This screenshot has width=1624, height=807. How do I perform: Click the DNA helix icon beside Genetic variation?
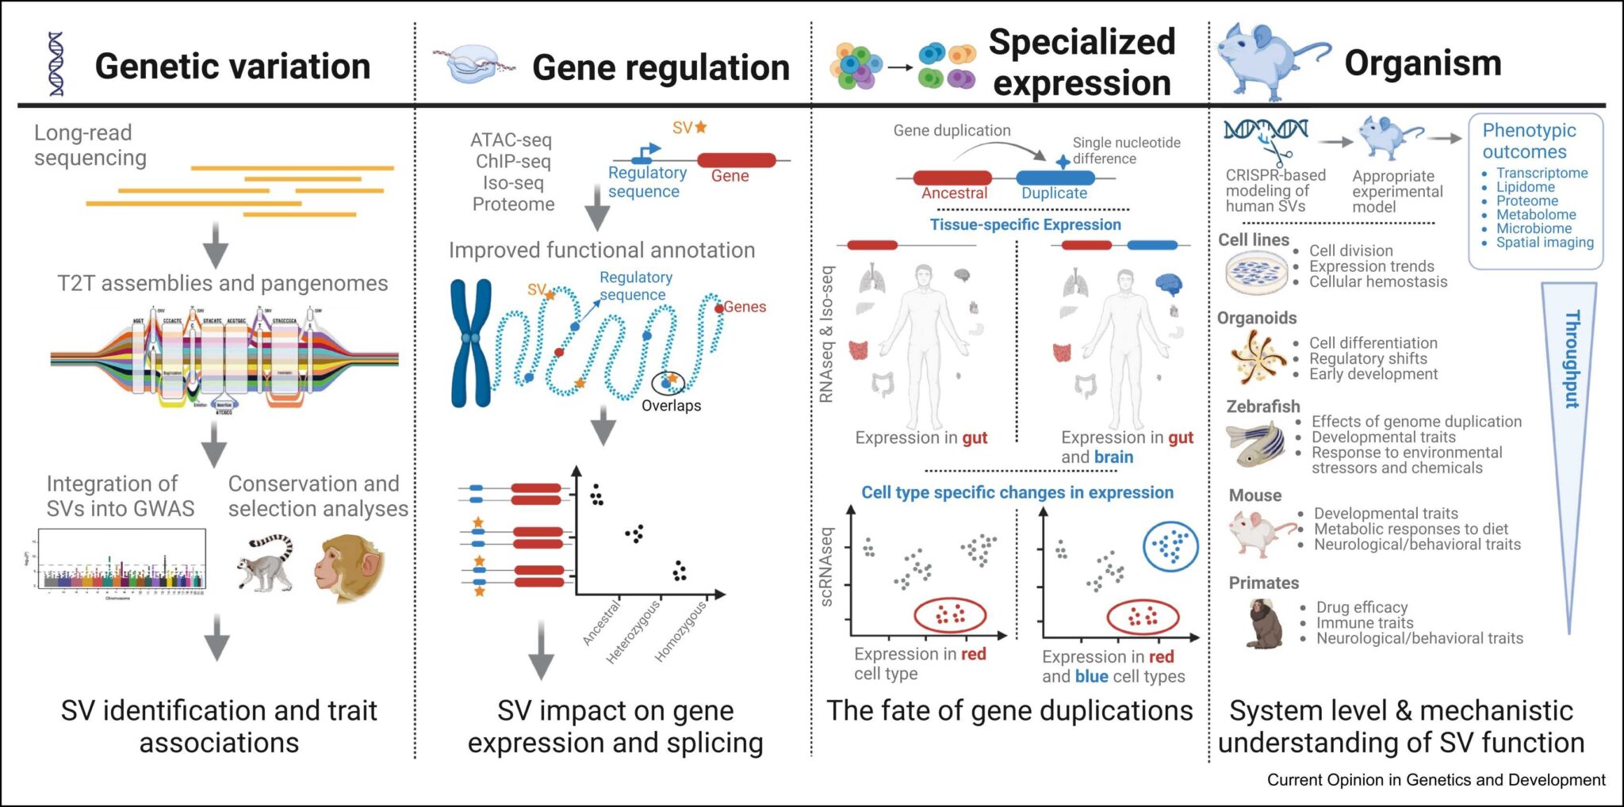pos(56,64)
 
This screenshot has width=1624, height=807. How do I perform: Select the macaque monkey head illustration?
pos(349,568)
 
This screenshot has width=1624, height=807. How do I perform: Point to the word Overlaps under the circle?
pos(671,406)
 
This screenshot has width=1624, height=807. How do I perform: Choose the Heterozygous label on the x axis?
pos(634,632)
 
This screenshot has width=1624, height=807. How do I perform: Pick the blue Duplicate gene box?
pos(1055,178)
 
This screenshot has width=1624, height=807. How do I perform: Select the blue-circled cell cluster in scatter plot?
pos(1170,546)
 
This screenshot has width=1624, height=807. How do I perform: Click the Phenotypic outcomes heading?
pos(1529,141)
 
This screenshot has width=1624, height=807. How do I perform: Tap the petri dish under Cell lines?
pos(1256,273)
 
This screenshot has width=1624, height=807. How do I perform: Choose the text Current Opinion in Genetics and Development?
pos(1435,780)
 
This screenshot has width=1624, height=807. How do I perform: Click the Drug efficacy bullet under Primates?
pos(1362,607)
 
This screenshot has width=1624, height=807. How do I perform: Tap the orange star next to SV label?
pos(701,127)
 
